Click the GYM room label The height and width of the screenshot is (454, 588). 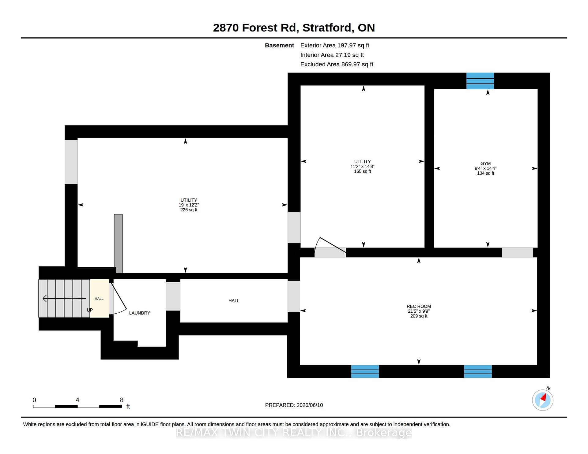485,164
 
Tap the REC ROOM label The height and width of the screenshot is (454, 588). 419,306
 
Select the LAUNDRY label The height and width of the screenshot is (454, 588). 139,313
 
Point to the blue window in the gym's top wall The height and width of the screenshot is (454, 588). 480,81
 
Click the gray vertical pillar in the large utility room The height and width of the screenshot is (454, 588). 119,244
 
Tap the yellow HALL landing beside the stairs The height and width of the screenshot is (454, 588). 99,298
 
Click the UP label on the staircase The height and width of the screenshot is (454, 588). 90,310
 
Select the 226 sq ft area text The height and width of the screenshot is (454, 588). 189,210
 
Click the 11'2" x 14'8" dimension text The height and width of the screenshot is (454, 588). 363,166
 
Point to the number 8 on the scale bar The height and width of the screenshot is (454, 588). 122,400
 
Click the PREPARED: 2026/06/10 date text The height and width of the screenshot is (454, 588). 294,405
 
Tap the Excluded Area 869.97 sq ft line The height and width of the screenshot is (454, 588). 337,64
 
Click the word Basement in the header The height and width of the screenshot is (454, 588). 279,45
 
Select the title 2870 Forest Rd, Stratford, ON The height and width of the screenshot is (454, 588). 294,28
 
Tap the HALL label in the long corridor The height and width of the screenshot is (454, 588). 234,301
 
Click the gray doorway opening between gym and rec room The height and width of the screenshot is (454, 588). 518,252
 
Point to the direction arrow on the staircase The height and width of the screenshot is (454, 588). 64,298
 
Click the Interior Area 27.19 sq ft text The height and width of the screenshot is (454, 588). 332,55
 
